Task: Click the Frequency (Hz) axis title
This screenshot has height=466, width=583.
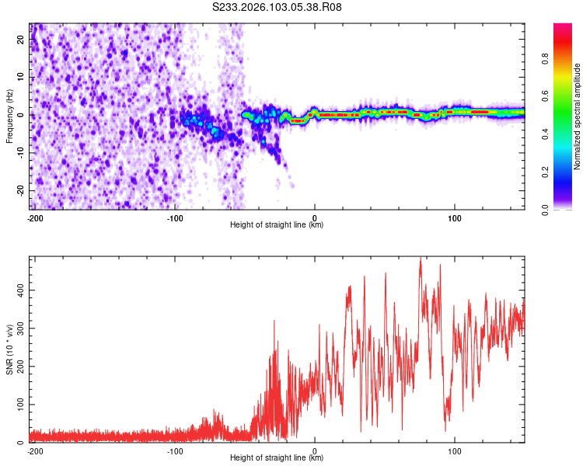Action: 9,116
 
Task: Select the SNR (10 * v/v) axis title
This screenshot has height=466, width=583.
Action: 9,349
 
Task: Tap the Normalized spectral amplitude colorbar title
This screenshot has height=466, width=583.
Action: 578,116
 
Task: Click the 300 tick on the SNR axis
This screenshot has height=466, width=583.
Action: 20,328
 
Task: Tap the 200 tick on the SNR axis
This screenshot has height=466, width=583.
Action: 20,367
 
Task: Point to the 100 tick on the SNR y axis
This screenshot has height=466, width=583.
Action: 20,405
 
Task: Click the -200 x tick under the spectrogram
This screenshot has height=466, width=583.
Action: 34,217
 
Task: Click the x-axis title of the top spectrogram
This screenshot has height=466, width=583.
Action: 277,225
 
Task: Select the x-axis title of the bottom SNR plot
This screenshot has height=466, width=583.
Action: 277,458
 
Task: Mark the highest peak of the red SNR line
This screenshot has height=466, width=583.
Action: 421,259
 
